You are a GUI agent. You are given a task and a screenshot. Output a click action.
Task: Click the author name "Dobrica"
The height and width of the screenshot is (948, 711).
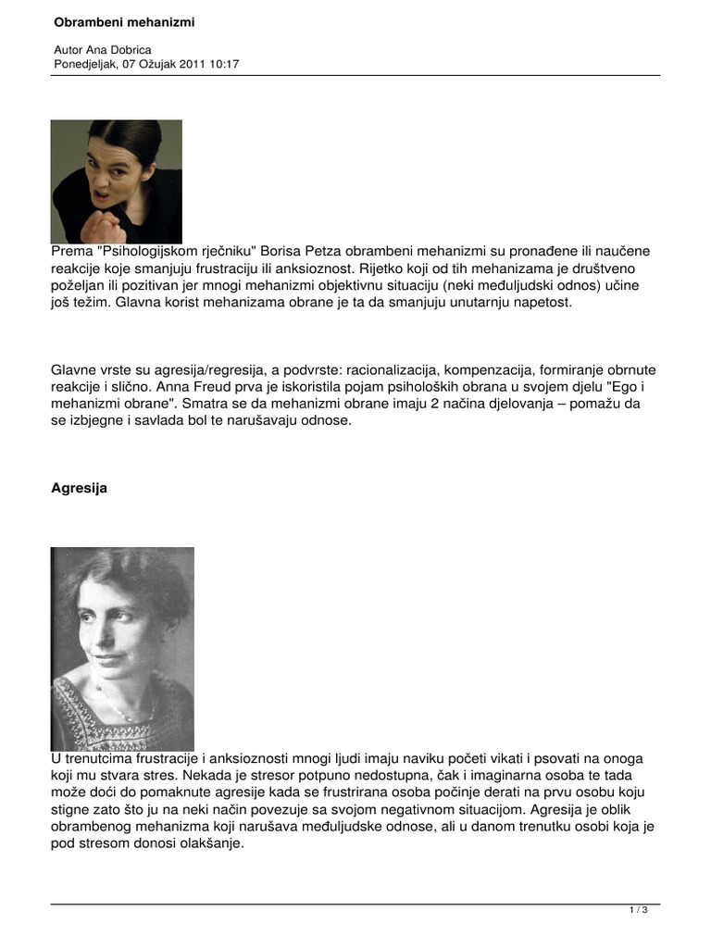[x=127, y=49]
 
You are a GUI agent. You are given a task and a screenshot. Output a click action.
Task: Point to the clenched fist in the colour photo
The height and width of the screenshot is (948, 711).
[x=105, y=225]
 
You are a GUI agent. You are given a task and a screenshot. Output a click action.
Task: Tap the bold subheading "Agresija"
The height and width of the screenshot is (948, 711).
[x=80, y=488]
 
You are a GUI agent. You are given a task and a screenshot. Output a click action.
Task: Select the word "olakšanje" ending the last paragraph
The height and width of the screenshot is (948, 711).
[x=212, y=843]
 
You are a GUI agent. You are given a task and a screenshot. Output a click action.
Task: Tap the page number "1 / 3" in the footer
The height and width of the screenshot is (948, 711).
[x=639, y=911]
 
